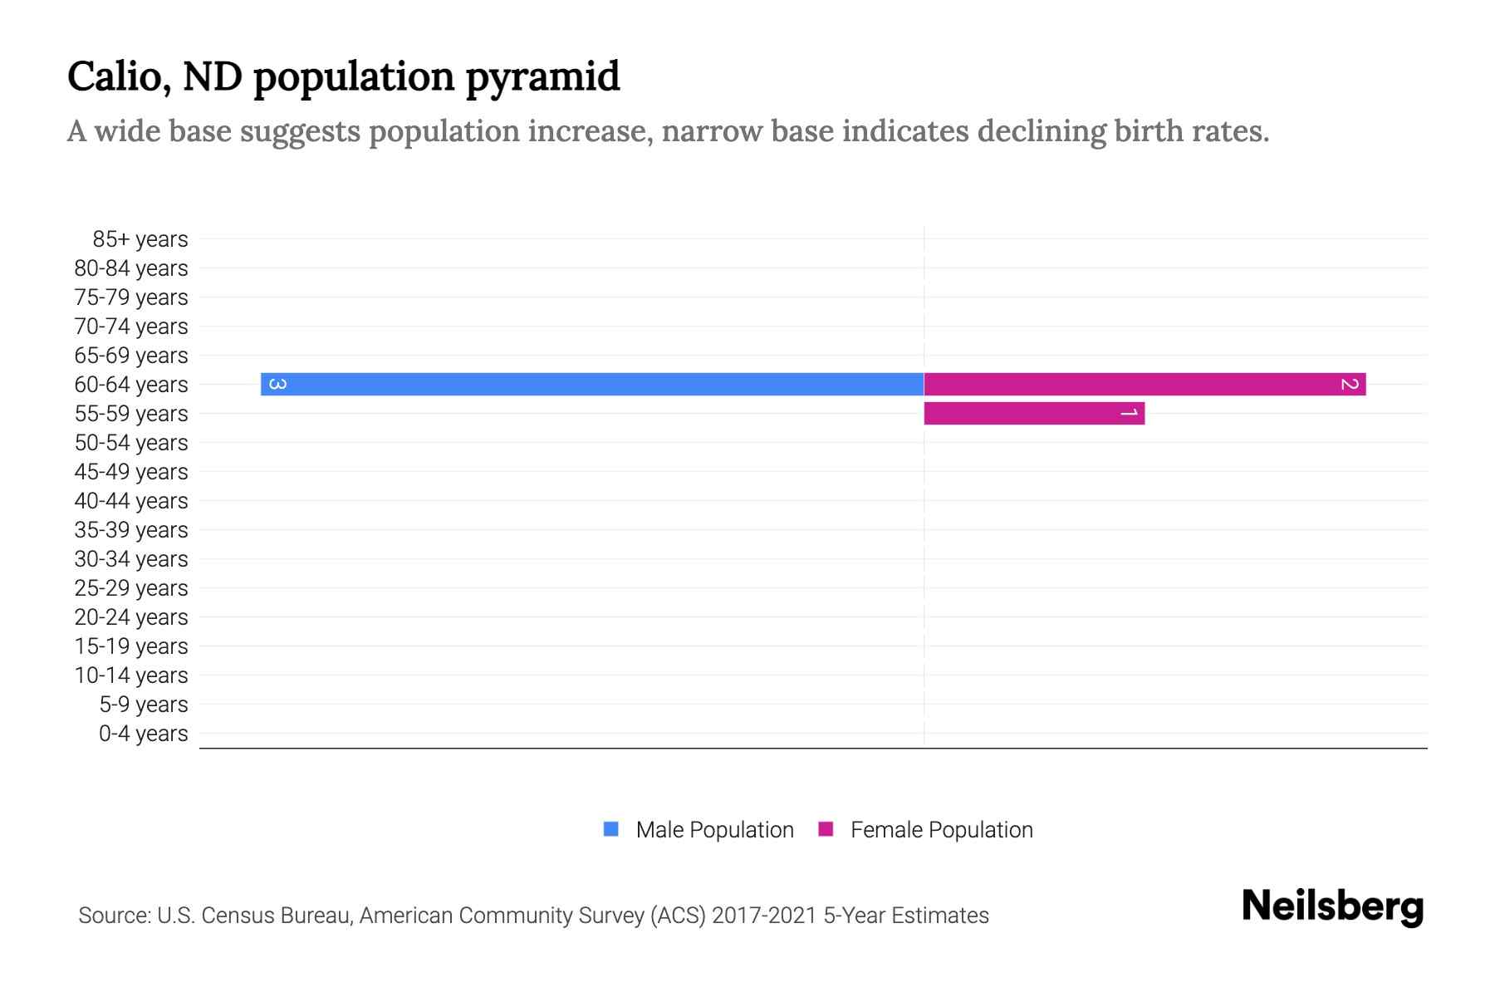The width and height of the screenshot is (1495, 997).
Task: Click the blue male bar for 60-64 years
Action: (591, 384)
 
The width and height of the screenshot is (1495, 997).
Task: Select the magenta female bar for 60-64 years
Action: (1145, 384)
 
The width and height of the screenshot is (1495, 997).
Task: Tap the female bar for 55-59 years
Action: (1034, 413)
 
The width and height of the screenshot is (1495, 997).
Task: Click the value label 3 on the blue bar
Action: (278, 384)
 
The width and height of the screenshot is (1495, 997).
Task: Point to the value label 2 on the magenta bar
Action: (1349, 384)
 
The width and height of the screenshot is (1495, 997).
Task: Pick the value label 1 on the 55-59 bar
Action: (1128, 413)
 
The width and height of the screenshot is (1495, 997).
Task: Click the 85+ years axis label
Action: (140, 239)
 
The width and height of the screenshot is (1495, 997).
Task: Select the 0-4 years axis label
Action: (143, 734)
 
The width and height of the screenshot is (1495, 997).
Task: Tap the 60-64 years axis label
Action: (131, 385)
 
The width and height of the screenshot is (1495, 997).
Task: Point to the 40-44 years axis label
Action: (131, 501)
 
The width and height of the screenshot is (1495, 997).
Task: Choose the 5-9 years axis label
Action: (143, 705)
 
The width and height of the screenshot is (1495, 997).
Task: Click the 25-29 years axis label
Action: (131, 588)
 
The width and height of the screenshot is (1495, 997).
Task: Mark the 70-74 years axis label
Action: (131, 327)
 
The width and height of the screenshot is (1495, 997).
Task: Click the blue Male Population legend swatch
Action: (611, 829)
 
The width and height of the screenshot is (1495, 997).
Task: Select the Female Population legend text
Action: (941, 830)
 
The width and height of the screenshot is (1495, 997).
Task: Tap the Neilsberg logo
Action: (1332, 906)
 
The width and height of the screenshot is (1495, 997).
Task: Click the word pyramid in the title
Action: (542, 77)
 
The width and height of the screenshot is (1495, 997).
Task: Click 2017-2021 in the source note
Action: (764, 916)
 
